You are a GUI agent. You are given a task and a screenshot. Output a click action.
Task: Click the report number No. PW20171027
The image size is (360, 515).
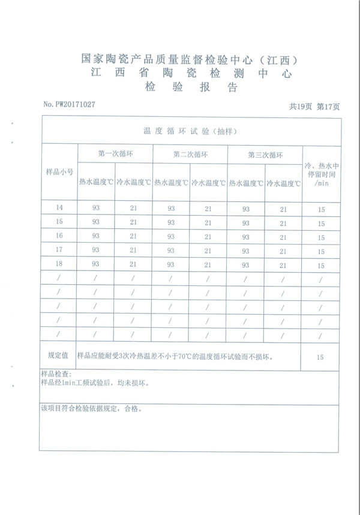tap(69, 104)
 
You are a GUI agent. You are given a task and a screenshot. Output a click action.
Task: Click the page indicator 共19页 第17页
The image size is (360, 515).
tap(314, 107)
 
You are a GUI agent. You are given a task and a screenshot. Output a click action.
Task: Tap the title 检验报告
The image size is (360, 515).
tap(191, 88)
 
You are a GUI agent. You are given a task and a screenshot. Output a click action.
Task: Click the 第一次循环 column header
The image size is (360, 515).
tap(115, 154)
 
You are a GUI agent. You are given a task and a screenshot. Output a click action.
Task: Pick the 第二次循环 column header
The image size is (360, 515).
tap(190, 154)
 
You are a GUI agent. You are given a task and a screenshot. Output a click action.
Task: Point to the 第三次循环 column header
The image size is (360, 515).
tap(265, 154)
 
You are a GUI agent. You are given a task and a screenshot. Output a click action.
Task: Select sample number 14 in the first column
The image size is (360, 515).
tap(59, 208)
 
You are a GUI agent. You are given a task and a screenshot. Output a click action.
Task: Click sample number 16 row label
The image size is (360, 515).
tap(59, 236)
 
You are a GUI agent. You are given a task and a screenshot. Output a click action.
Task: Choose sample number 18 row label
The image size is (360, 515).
tap(59, 264)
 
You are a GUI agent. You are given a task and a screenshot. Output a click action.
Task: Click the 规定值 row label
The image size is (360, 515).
tap(59, 356)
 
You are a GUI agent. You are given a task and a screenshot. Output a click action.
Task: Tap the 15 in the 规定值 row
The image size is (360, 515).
tap(320, 357)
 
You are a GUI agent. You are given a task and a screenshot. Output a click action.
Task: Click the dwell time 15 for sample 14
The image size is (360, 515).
tap(321, 210)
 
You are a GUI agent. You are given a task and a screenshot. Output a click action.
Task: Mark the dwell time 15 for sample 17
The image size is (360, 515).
tap(321, 252)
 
